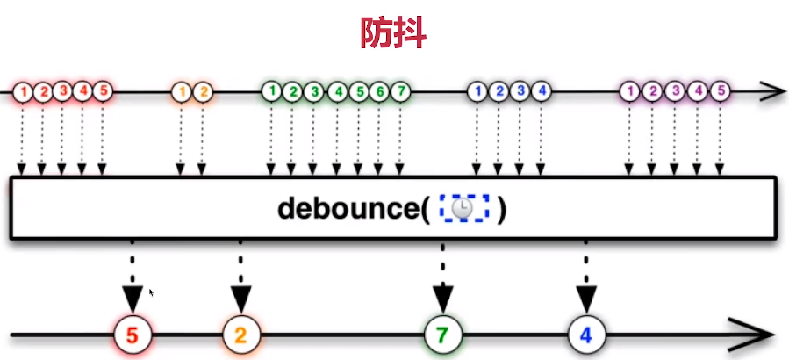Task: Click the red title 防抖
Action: (394, 32)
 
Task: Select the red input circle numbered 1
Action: (22, 90)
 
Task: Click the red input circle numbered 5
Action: (103, 90)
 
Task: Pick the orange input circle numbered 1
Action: (182, 90)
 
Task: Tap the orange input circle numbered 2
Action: (203, 90)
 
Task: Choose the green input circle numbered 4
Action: (336, 90)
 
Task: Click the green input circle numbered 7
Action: (401, 90)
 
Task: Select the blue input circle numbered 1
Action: (478, 90)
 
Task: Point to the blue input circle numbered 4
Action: (542, 90)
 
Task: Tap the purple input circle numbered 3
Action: (674, 90)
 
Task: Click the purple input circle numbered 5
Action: (720, 90)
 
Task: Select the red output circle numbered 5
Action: (133, 335)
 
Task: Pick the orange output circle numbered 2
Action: (240, 335)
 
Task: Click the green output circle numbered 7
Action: (443, 335)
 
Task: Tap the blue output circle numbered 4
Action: (585, 335)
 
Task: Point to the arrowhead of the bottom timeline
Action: (757, 335)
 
